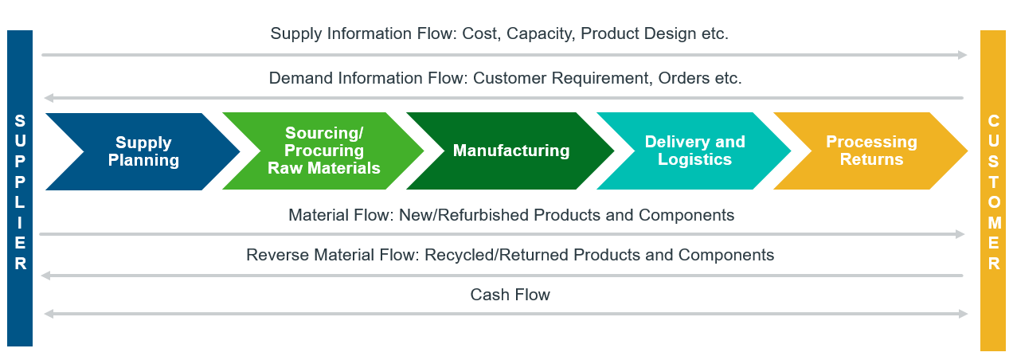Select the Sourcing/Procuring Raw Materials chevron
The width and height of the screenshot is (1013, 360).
(324, 151)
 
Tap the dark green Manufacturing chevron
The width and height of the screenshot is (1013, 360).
(511, 151)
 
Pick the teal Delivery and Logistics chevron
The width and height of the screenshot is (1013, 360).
(694, 151)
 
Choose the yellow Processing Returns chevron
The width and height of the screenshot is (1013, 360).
(871, 151)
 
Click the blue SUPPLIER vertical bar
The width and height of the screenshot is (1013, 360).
(20, 188)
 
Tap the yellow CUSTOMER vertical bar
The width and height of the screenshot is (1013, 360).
(993, 190)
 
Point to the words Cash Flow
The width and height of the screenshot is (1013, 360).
(510, 295)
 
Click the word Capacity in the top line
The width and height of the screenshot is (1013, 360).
(541, 34)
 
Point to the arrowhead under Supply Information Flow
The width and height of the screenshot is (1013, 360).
(962, 55)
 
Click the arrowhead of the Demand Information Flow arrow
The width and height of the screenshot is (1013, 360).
(49, 98)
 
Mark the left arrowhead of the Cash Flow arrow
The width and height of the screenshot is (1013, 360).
(49, 314)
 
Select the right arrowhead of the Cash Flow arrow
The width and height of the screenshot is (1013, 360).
(964, 314)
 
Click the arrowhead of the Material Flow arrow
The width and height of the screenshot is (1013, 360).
(960, 234)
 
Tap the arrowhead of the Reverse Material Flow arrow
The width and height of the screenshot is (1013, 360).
(45, 276)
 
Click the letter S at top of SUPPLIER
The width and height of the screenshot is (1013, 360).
(20, 121)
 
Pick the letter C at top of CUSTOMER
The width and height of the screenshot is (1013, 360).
(994, 121)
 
